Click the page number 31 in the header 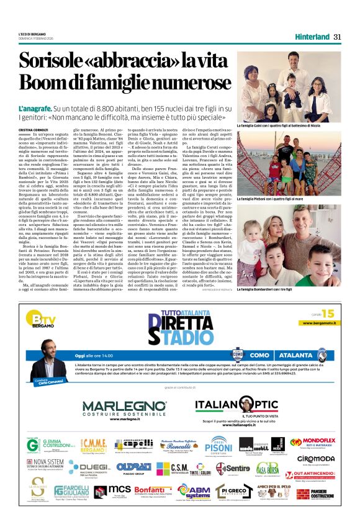[338, 36]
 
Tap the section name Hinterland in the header [312, 36]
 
